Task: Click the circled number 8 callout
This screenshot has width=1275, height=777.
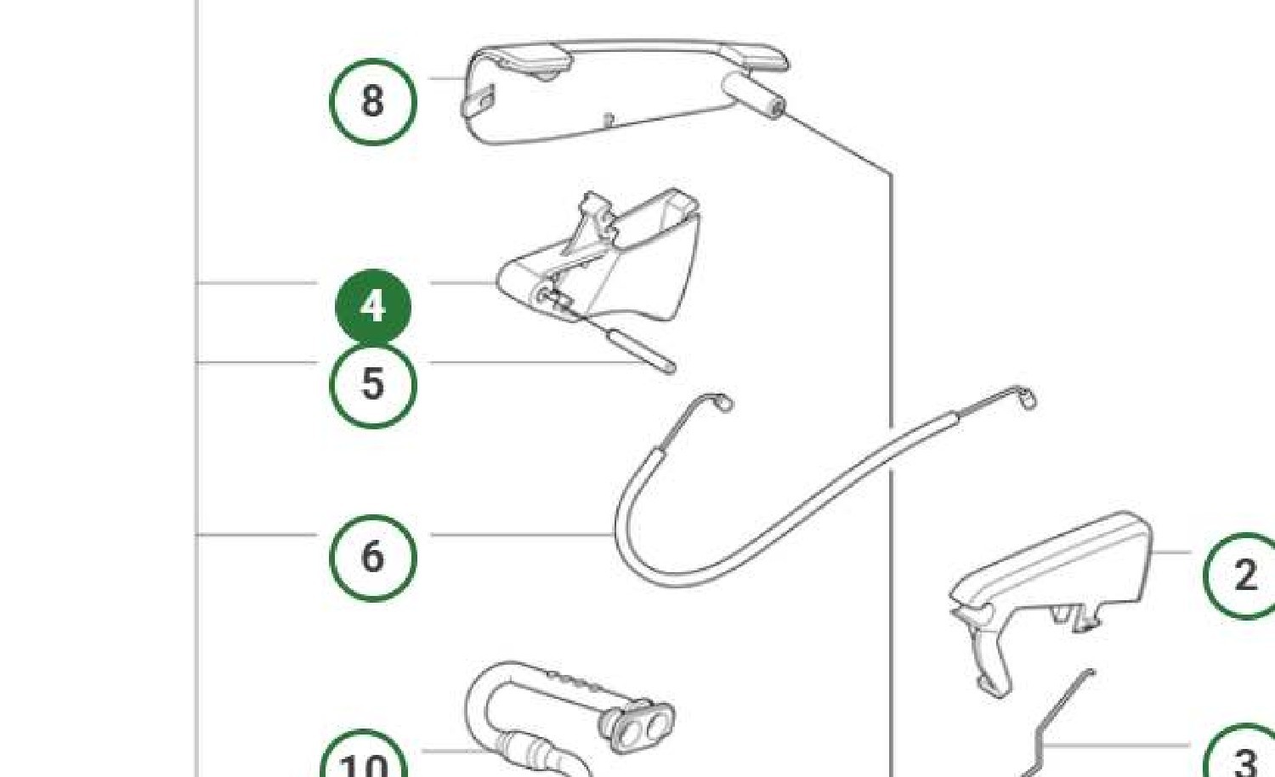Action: click(373, 102)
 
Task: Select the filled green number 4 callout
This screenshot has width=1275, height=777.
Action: click(373, 307)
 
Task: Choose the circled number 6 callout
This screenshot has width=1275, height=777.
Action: click(373, 558)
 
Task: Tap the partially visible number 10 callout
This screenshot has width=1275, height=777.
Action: click(365, 754)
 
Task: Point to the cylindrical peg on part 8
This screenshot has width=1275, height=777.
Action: click(754, 95)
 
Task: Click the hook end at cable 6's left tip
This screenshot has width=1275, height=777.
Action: click(723, 401)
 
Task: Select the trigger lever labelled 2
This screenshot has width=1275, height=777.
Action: click(1047, 598)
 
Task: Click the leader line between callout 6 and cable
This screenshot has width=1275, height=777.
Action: click(521, 535)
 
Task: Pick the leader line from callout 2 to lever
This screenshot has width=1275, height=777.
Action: click(1170, 553)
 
